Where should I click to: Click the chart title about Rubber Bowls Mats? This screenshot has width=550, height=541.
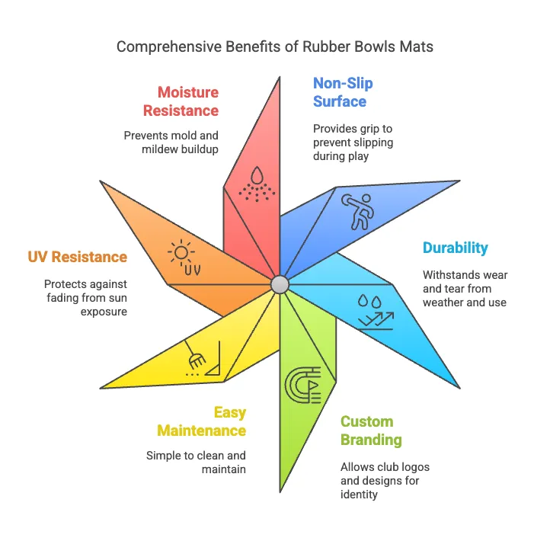[274, 46]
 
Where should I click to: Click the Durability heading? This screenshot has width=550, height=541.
[456, 248]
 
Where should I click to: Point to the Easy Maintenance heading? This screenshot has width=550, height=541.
[201, 421]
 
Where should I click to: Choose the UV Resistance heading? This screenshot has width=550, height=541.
[78, 257]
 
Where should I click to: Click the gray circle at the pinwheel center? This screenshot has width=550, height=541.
[280, 284]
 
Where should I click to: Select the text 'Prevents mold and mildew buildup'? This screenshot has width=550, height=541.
[171, 142]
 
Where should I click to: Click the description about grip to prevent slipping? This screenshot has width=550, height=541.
[353, 142]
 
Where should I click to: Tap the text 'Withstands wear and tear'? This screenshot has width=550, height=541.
[465, 289]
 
